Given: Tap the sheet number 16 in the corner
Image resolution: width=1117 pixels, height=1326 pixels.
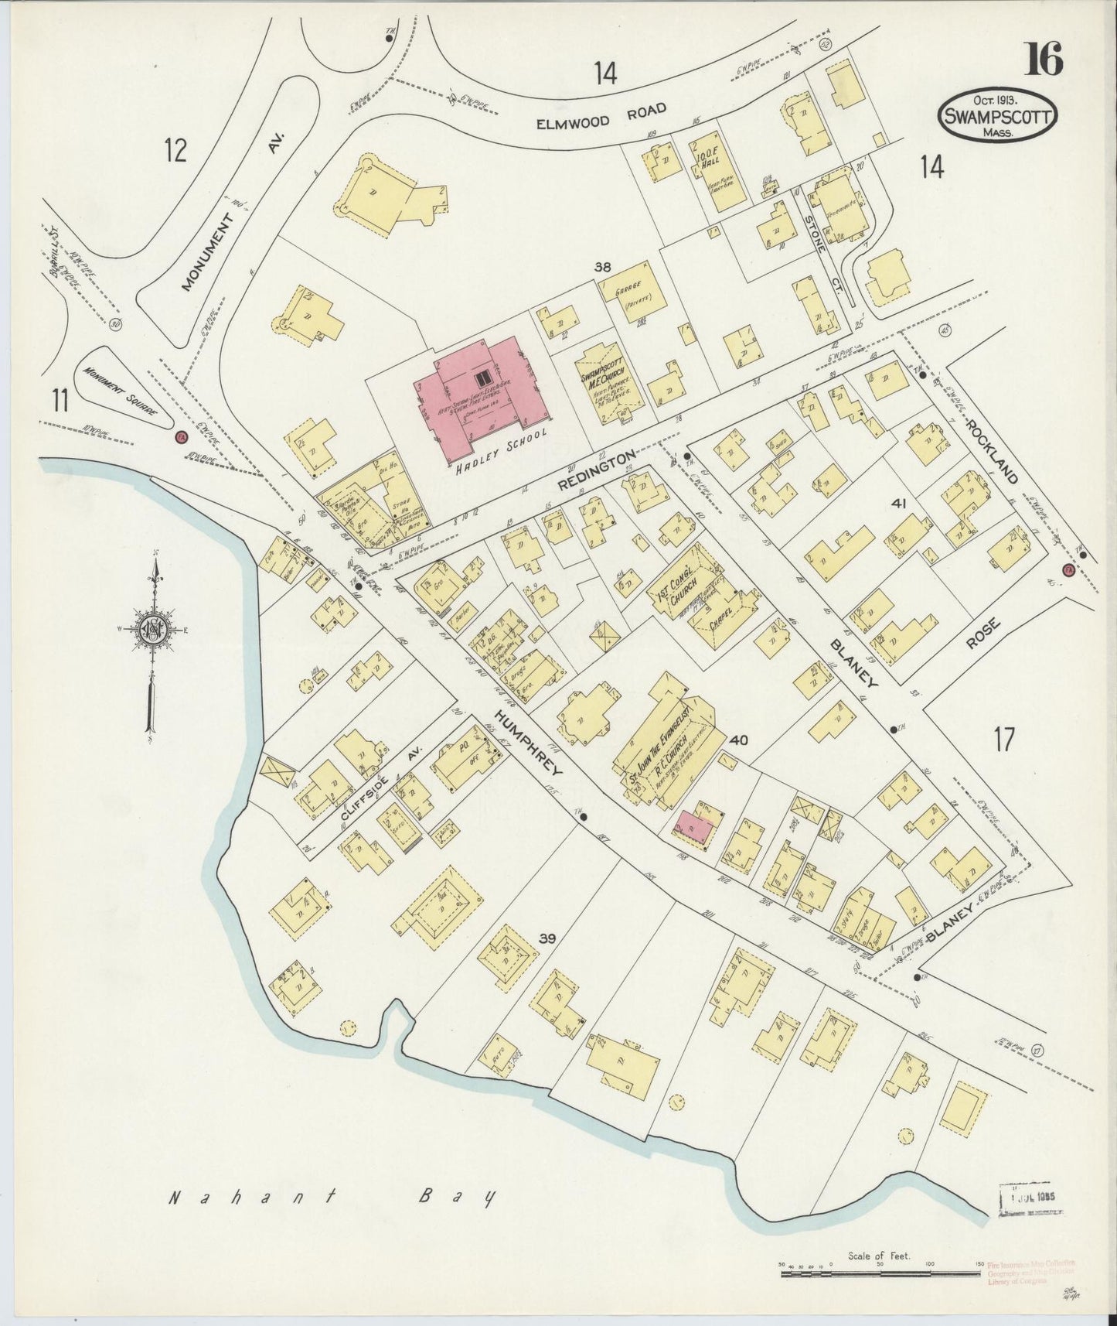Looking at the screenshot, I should coord(1044,60).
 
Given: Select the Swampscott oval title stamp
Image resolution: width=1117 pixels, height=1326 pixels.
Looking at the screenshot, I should coord(999,114).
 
